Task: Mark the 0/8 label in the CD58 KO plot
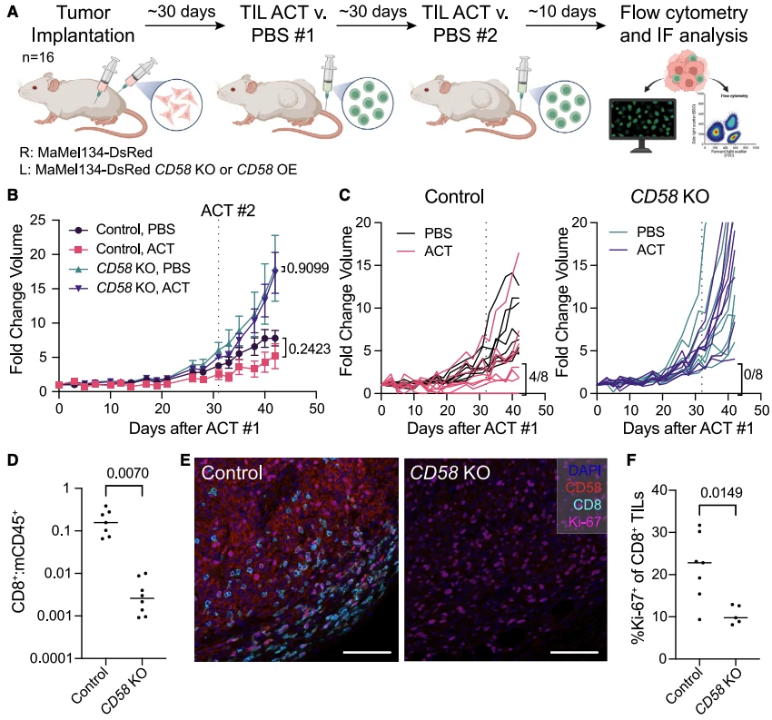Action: click(753, 371)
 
